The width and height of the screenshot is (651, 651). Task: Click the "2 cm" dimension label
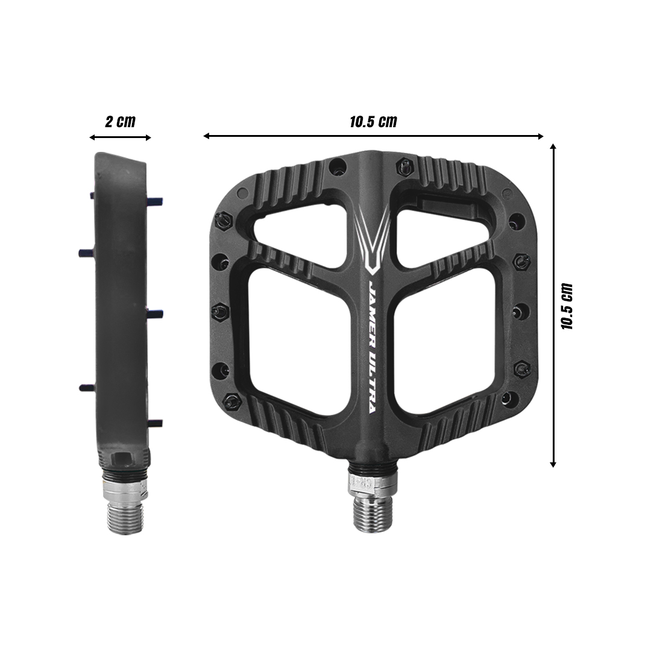point(121,121)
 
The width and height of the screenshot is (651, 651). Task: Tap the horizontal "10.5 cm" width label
point(373,121)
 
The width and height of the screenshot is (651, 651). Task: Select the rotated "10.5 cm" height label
point(567,306)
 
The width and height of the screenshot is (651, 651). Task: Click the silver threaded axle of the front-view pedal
point(372,512)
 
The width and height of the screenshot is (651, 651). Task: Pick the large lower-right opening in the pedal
point(444,341)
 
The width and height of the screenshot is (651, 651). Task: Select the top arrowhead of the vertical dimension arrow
point(553,146)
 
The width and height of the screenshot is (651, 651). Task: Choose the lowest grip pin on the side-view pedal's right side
point(156,423)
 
